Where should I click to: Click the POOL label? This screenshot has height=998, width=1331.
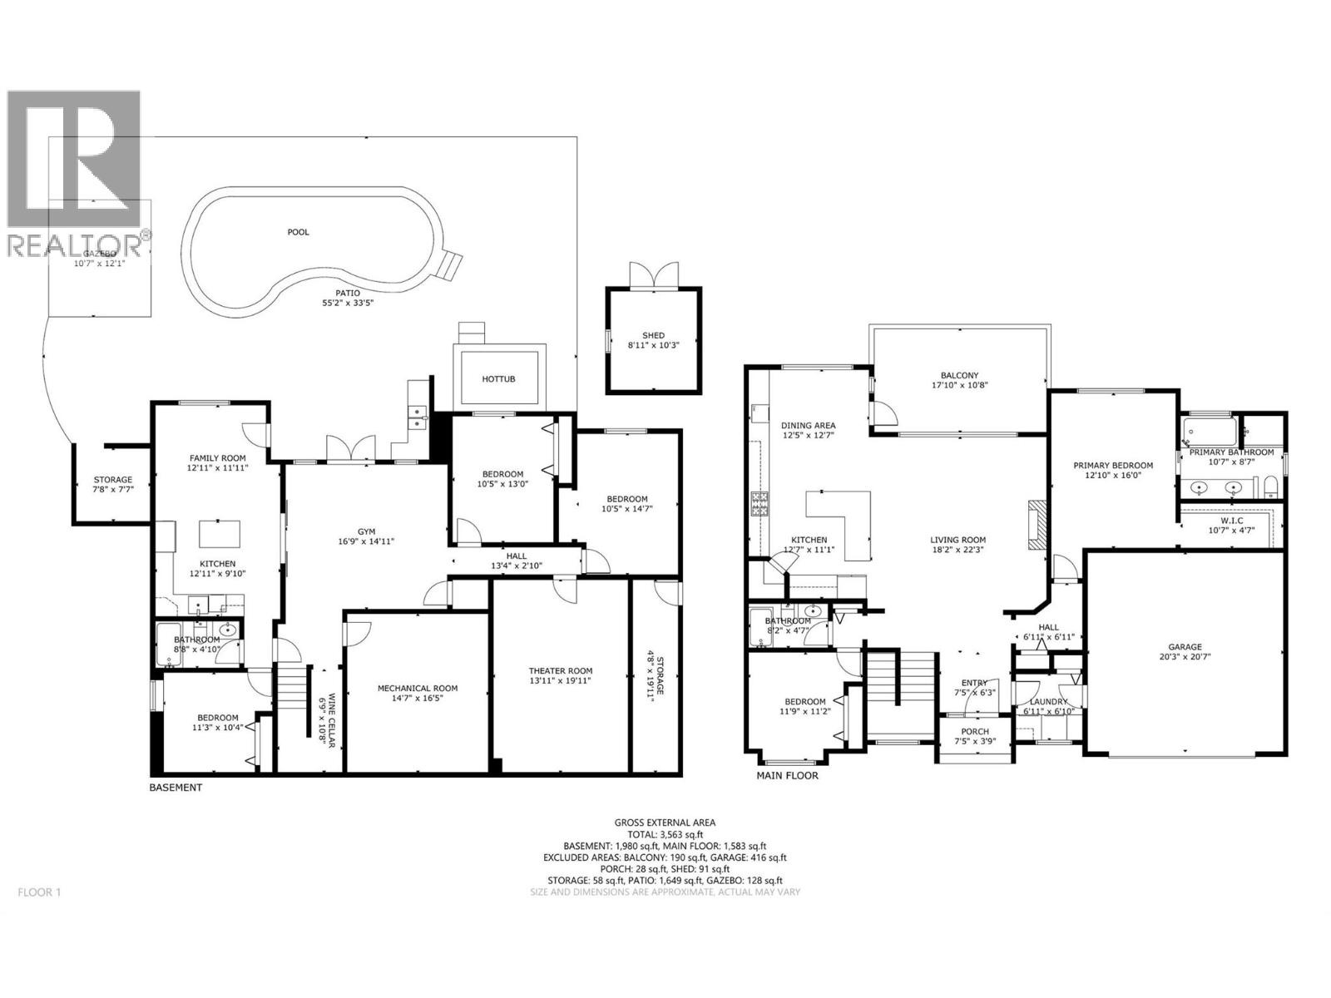pos(298,232)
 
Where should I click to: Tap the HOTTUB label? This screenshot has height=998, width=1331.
pos(498,378)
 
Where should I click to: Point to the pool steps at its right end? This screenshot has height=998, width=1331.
pos(450,264)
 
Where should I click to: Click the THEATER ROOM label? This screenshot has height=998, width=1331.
pos(560,671)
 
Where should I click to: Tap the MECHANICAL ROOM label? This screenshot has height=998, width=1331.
pos(417,688)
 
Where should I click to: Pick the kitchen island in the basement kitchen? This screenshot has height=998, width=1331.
pos(219,532)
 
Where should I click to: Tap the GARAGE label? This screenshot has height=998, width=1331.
pos(1185,646)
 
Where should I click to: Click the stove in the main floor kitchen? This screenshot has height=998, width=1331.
pos(760,504)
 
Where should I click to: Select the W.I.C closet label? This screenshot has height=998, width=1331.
pos(1232,520)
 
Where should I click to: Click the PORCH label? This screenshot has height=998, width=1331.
pos(974,731)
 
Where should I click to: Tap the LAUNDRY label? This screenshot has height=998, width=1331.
pos(1048,701)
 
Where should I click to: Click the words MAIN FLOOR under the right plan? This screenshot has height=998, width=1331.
pos(787,775)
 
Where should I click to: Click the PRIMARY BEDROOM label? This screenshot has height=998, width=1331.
pos(1112,465)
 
